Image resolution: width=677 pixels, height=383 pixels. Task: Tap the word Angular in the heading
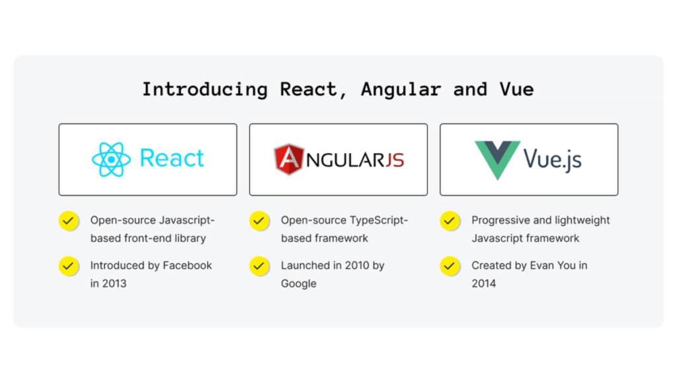click(x=401, y=89)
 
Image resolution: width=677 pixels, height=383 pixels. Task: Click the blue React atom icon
click(x=111, y=160)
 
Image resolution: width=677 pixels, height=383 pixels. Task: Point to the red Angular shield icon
click(x=289, y=159)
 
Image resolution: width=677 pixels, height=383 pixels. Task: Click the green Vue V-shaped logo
click(x=497, y=160)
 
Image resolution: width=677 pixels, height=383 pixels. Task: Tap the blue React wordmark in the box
click(x=172, y=159)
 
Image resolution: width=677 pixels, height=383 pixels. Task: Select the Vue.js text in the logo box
click(x=553, y=159)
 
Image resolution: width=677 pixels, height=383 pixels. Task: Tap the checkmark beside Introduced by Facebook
click(x=68, y=265)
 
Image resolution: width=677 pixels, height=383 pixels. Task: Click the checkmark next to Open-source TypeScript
click(x=259, y=221)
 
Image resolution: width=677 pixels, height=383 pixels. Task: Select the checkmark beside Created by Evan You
click(x=450, y=265)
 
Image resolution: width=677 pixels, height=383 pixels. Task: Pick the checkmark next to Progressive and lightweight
click(x=450, y=221)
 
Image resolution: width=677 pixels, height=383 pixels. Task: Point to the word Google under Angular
click(x=299, y=283)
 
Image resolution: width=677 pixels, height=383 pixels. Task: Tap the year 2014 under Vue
click(x=483, y=283)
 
